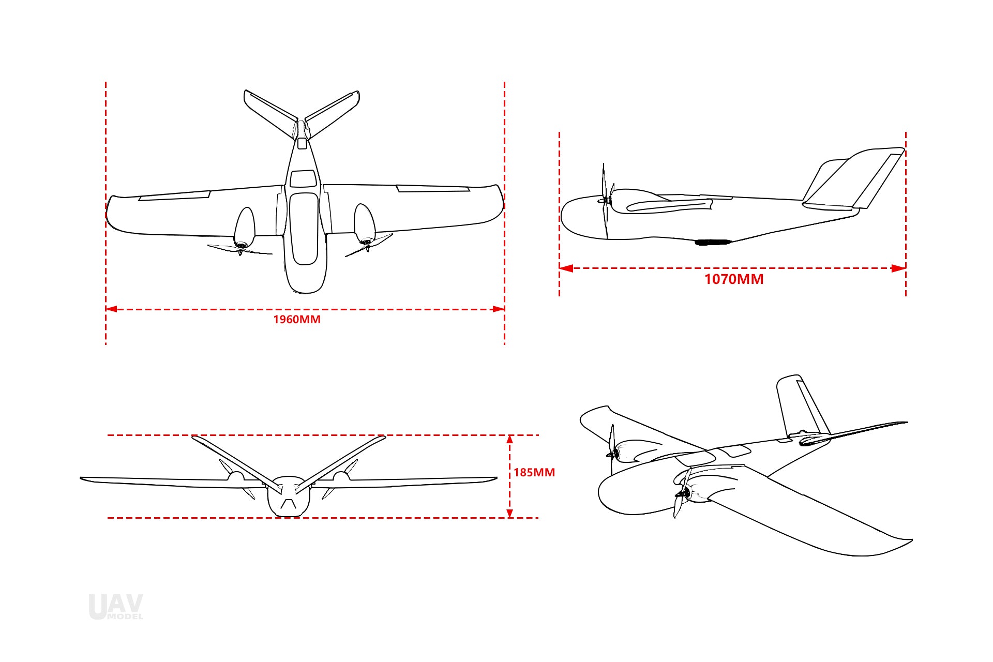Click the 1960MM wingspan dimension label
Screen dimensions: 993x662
[x=297, y=320]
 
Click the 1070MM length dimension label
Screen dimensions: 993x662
[x=734, y=279]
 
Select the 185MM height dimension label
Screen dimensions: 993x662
[x=534, y=472]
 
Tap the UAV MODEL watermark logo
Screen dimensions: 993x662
[x=116, y=607]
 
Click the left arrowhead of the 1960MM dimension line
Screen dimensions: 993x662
[x=111, y=309]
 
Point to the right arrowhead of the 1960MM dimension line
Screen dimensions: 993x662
[x=499, y=309]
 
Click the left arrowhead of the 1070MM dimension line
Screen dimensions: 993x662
[x=566, y=268]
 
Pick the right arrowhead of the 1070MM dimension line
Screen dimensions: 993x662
[x=899, y=268]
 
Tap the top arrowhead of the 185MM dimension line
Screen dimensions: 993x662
[x=509, y=440]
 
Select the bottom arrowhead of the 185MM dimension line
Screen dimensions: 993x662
[x=509, y=513]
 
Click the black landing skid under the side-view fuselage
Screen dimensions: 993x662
[x=713, y=242]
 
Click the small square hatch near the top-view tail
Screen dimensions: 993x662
[x=302, y=143]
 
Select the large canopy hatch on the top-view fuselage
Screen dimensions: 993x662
[x=304, y=229]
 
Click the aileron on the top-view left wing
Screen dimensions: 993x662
[x=174, y=195]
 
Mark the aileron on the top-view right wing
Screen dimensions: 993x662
[x=433, y=189]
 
